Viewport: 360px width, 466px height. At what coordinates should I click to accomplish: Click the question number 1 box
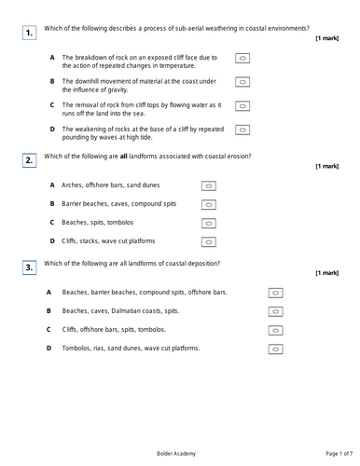click(x=30, y=34)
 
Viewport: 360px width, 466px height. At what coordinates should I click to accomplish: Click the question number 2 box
click(x=30, y=161)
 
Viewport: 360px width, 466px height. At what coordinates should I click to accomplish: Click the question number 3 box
click(x=30, y=268)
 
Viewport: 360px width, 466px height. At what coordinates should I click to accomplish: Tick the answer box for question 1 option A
click(x=242, y=58)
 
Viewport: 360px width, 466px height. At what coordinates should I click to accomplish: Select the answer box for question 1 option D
click(x=242, y=129)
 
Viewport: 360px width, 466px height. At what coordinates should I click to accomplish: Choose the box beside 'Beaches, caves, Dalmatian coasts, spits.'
click(x=275, y=310)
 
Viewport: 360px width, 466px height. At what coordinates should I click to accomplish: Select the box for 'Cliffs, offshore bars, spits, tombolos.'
click(x=275, y=329)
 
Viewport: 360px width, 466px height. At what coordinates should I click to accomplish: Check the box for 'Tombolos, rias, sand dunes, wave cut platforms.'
click(x=275, y=349)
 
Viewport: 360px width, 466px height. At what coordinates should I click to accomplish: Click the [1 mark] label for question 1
click(x=326, y=38)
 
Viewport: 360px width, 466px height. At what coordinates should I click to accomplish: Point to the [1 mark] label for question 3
click(x=326, y=273)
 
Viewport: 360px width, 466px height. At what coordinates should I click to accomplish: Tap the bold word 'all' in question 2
click(x=123, y=155)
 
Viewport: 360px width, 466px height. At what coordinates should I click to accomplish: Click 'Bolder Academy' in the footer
click(x=179, y=453)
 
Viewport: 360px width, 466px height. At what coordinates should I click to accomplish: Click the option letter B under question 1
click(x=52, y=81)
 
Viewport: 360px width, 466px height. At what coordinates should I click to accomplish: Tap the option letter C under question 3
click(x=48, y=329)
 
